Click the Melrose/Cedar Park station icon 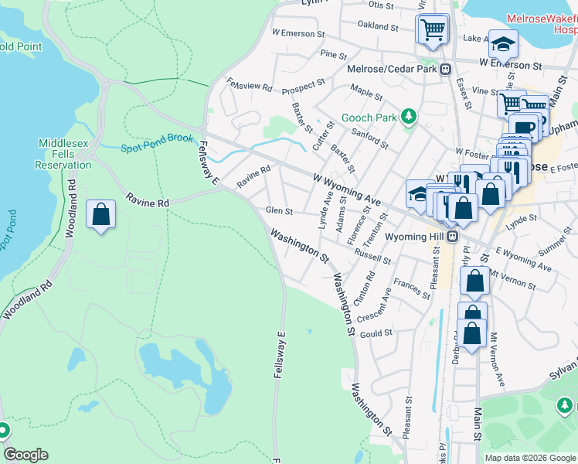pos(446,70)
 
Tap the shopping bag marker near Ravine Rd pos(100,216)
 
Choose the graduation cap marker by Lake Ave pos(502,46)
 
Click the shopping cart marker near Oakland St pos(433,30)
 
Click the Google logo pos(25,455)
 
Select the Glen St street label pos(279,210)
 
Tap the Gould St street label pos(376,333)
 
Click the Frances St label pos(411,288)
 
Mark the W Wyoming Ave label pos(346,190)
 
